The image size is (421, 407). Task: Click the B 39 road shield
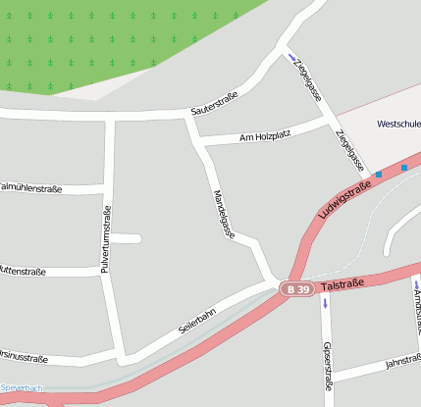(x=297, y=289)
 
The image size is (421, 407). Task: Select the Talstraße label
(x=343, y=283)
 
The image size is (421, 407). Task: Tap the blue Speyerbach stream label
(x=22, y=388)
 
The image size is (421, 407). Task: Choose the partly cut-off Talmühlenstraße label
(x=37, y=184)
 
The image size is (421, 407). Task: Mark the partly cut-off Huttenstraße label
(x=34, y=269)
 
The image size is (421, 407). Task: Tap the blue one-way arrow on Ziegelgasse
(x=291, y=56)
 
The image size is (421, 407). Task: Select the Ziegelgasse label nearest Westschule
(x=349, y=149)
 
